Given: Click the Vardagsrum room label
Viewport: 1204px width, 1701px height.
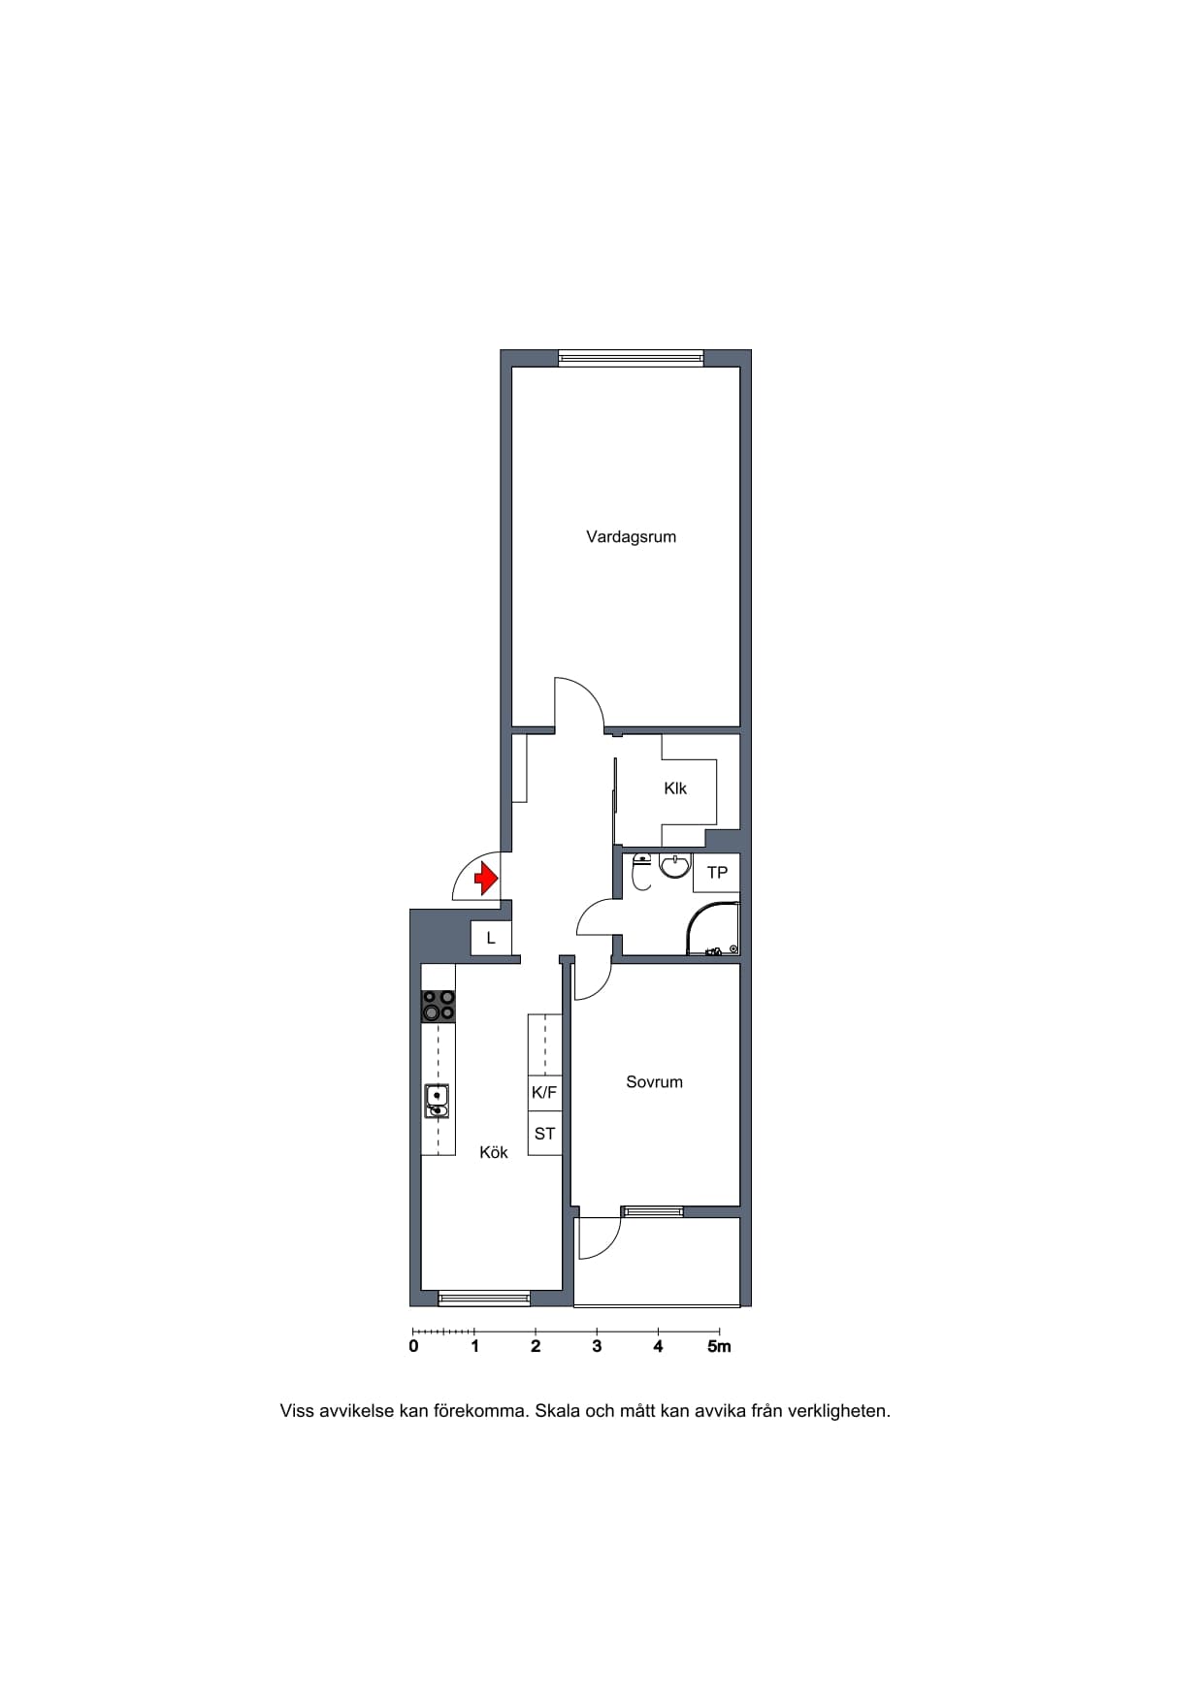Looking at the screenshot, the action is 631,537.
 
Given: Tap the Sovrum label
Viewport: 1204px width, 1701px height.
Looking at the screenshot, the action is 654,1082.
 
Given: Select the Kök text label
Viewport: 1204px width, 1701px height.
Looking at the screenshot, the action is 494,1152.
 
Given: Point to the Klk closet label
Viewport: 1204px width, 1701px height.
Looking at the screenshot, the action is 675,788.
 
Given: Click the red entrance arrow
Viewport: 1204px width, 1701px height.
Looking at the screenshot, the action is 485,880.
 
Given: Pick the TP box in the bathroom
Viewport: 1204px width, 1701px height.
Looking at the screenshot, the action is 717,873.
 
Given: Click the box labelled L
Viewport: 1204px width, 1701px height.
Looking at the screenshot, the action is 491,939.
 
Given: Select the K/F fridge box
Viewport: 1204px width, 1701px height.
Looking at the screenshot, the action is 544,1093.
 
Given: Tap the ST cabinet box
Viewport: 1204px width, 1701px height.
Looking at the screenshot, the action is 544,1134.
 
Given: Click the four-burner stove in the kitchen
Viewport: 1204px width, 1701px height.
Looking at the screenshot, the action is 439,1006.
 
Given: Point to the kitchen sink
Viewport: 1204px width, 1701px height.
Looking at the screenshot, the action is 438,1101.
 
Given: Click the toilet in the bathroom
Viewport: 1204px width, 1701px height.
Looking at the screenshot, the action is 641,873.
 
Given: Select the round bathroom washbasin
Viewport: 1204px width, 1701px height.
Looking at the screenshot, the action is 675,865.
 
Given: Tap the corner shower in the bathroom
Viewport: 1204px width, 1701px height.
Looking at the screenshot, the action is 713,929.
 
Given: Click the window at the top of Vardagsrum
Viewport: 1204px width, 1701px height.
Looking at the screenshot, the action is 631,358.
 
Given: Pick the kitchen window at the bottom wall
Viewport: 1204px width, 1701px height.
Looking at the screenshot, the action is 484,1299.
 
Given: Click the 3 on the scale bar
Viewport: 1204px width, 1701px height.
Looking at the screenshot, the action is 597,1346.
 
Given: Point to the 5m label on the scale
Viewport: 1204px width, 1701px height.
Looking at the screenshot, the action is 719,1346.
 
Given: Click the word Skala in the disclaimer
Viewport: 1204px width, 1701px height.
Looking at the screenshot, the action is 558,1411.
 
